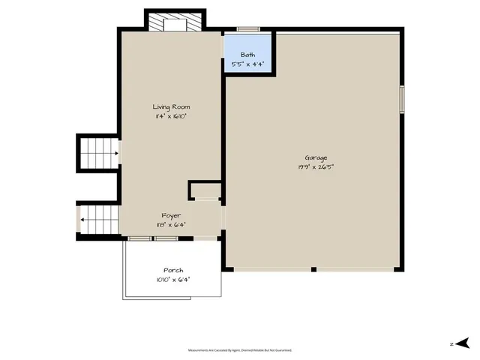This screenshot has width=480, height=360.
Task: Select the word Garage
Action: click(315, 157)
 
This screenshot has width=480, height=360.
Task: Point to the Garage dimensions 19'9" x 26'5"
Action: click(315, 166)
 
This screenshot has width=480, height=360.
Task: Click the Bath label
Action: click(247, 55)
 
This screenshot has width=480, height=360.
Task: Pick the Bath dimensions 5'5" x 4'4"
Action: click(247, 64)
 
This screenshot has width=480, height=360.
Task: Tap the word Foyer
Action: click(171, 215)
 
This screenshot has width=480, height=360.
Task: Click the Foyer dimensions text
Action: click(171, 224)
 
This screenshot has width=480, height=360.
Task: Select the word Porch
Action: click(173, 270)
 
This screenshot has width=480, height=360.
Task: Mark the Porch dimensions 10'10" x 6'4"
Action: click(173, 279)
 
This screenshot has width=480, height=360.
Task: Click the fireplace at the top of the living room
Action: click(174, 23)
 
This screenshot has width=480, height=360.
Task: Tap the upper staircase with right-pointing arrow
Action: click(98, 154)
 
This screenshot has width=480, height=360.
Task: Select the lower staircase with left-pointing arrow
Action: click(98, 220)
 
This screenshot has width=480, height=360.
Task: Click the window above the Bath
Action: click(248, 29)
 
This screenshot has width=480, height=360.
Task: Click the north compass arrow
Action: click(463, 343)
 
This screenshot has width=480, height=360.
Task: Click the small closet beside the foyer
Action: click(204, 190)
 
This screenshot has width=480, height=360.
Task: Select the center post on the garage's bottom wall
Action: click(314, 268)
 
